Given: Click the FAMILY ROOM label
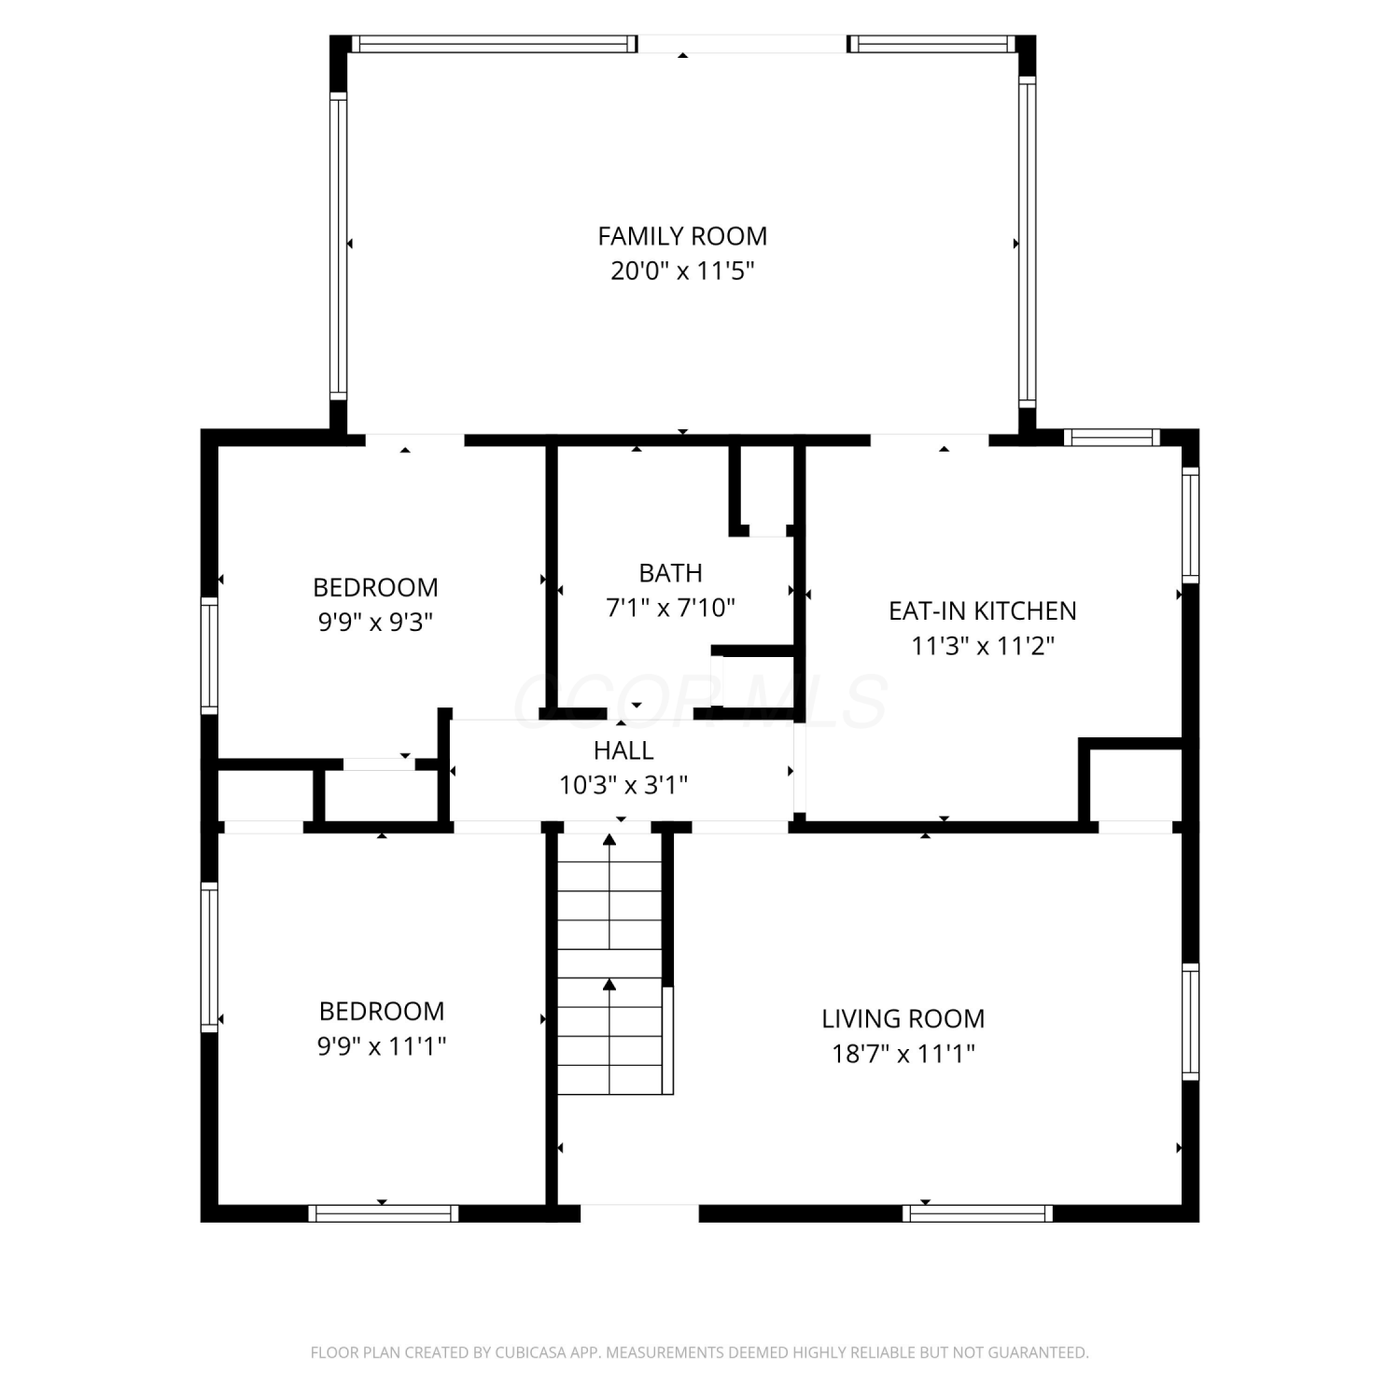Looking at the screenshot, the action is (x=682, y=236).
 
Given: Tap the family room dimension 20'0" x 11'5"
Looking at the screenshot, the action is (x=682, y=272).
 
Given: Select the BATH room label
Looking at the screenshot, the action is (x=670, y=573).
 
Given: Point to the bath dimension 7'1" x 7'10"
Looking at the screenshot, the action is (x=670, y=609).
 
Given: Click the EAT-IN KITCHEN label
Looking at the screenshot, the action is (x=983, y=610).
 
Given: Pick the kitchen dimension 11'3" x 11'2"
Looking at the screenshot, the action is (x=983, y=646).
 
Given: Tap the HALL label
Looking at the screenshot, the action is (x=623, y=750).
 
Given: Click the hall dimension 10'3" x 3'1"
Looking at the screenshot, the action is (x=623, y=786).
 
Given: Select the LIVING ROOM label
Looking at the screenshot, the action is (x=903, y=1018).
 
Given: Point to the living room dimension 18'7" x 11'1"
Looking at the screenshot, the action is (x=903, y=1054).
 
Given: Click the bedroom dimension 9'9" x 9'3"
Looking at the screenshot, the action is (x=375, y=623).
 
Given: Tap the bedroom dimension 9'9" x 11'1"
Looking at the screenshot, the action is (x=382, y=1046).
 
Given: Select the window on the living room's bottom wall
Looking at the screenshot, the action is (x=977, y=1213).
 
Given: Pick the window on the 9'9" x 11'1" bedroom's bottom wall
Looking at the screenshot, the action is (x=384, y=1213).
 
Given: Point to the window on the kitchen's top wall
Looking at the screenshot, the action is (x=1112, y=437).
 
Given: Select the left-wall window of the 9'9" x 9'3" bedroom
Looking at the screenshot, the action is (x=210, y=656).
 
